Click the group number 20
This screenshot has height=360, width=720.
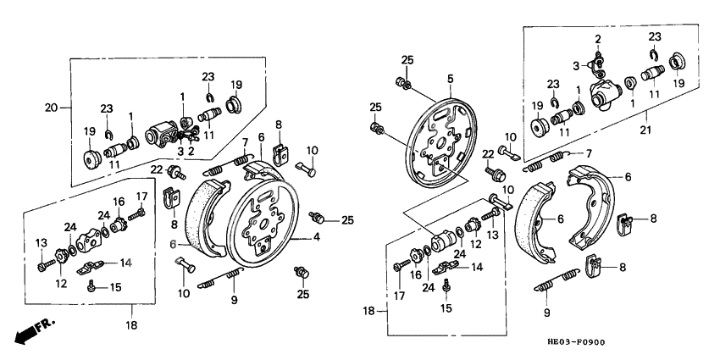[50, 107]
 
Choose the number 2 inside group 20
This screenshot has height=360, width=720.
[192, 151]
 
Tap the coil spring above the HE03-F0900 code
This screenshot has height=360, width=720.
[556, 280]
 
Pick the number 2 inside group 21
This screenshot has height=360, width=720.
[598, 39]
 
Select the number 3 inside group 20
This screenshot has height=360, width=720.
[180, 151]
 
